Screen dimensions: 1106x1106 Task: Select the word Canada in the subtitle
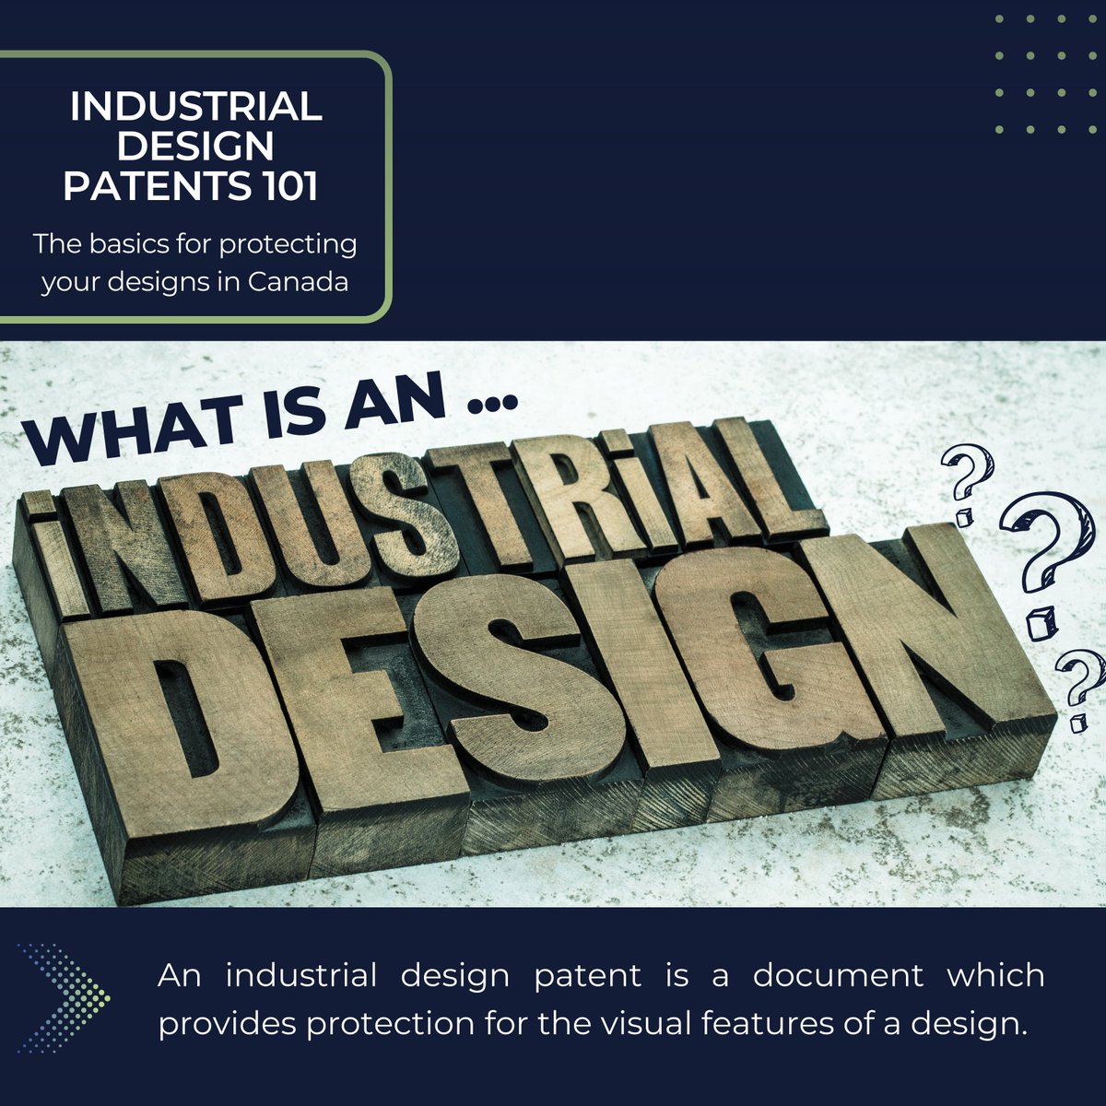tap(298, 281)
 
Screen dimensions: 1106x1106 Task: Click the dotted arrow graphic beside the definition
tap(65, 997)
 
